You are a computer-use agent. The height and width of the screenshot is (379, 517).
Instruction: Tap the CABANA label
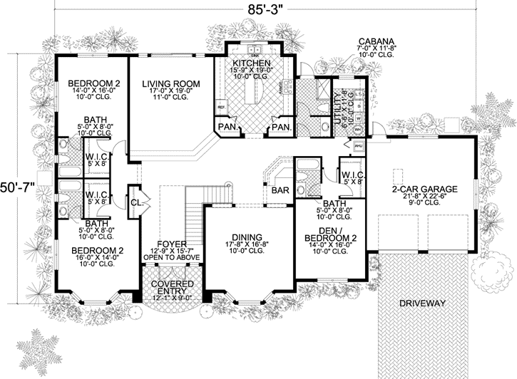pos(374,41)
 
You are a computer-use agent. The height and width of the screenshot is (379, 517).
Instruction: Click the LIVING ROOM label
pos(170,83)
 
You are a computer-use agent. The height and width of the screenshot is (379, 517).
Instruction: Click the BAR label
pos(278,190)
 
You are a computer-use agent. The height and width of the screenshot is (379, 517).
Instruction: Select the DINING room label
pos(246,237)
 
